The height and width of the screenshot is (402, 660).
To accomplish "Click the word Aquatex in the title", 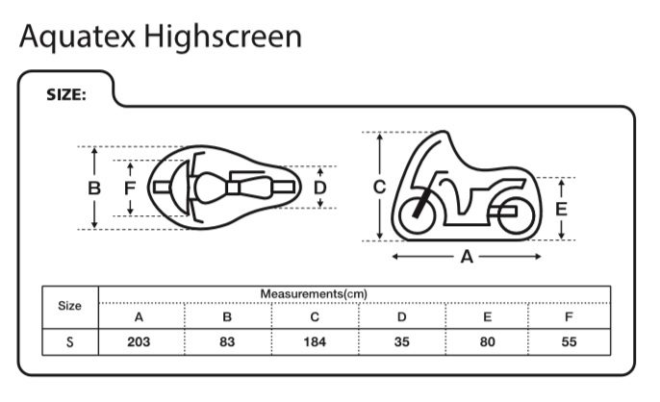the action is pyautogui.click(x=77, y=38).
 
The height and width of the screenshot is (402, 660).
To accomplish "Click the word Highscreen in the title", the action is pyautogui.click(x=223, y=38).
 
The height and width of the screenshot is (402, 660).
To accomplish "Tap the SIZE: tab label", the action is pyautogui.click(x=66, y=95).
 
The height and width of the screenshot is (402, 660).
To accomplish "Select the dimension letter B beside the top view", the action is pyautogui.click(x=94, y=188).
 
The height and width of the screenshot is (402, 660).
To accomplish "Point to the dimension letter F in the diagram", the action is pyautogui.click(x=130, y=188).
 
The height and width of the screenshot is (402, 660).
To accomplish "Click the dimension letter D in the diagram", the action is pyautogui.click(x=320, y=188).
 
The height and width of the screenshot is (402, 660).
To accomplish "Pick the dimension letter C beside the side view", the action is pyautogui.click(x=380, y=187).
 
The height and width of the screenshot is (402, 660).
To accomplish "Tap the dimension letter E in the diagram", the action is pyautogui.click(x=561, y=210).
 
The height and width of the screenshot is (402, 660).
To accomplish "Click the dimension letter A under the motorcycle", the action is pyautogui.click(x=467, y=257).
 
